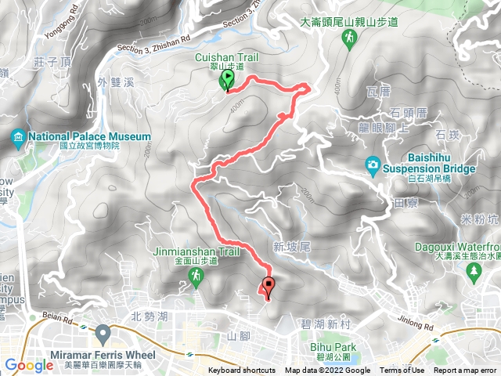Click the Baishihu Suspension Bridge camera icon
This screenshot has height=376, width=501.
tap(373, 164)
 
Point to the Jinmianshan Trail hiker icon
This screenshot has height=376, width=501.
tap(195, 277)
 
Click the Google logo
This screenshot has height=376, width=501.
tap(28, 365)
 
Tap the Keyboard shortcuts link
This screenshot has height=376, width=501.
tap(242, 371)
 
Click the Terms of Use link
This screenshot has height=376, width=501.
tap(402, 371)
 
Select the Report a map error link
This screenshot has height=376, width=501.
tap(465, 371)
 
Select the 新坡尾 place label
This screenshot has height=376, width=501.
tap(292, 247)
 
